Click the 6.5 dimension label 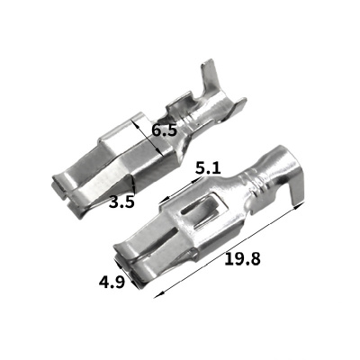[164, 130]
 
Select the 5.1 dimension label [208, 168]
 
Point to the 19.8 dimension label [242, 258]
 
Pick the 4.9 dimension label [112, 282]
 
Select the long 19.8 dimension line [229, 250]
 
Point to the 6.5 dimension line [148, 138]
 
